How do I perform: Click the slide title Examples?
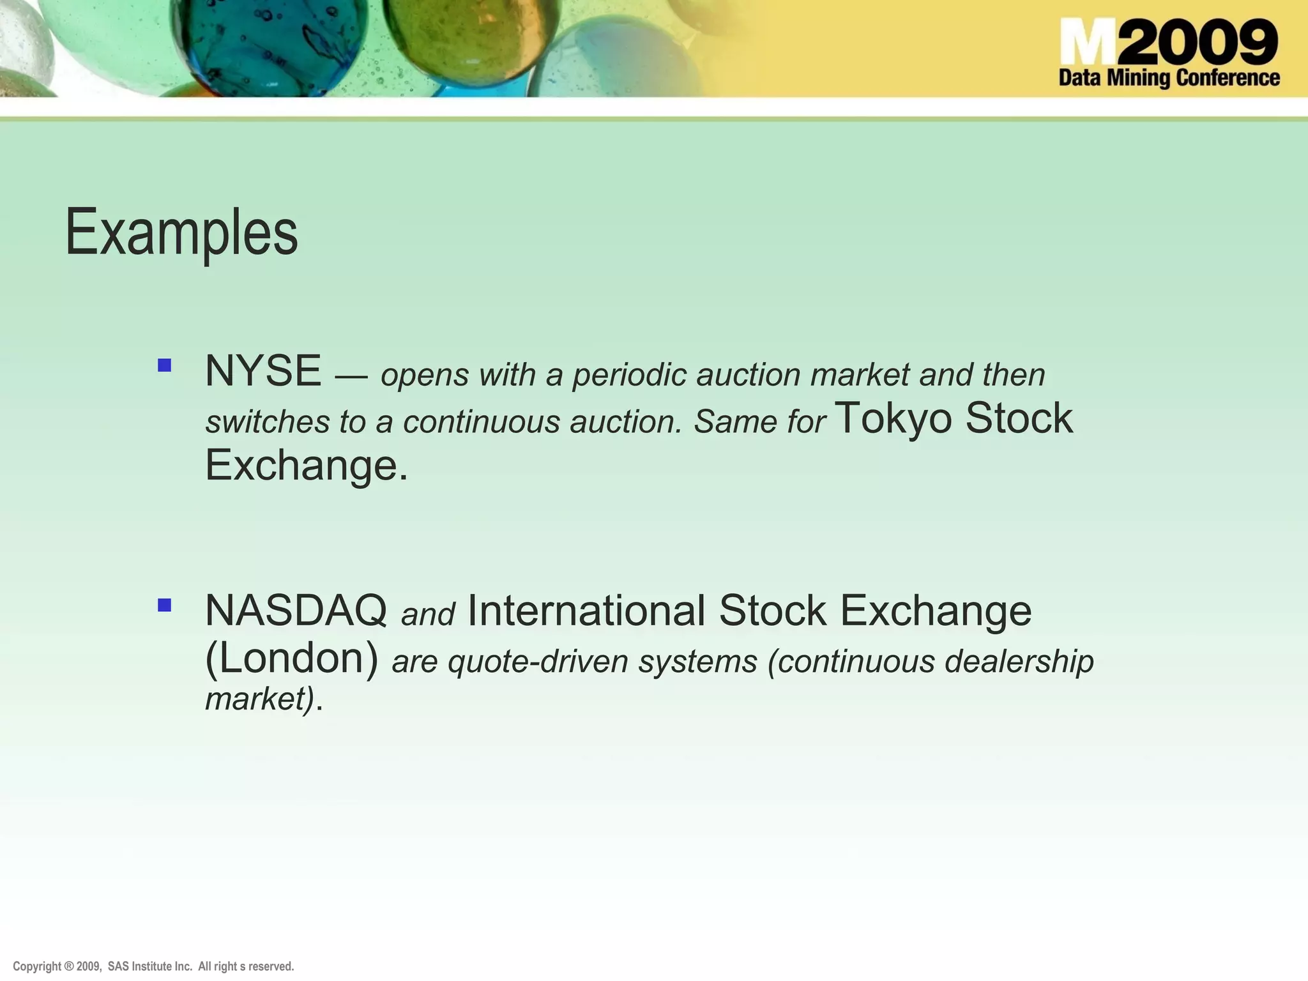tap(181, 233)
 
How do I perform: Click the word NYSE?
tap(262, 371)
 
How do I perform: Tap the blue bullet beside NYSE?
tap(165, 365)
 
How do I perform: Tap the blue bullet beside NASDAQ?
tap(165, 605)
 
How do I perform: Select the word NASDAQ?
tap(296, 611)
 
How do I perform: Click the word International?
tap(586, 611)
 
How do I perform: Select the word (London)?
tap(292, 658)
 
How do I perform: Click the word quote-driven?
tap(538, 662)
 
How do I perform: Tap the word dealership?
tap(1019, 662)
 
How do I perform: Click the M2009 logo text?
tap(1168, 42)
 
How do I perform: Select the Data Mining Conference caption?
tap(1169, 78)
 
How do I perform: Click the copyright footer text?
tap(153, 966)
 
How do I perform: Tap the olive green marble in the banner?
tap(471, 35)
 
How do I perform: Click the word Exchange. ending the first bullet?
tap(306, 466)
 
